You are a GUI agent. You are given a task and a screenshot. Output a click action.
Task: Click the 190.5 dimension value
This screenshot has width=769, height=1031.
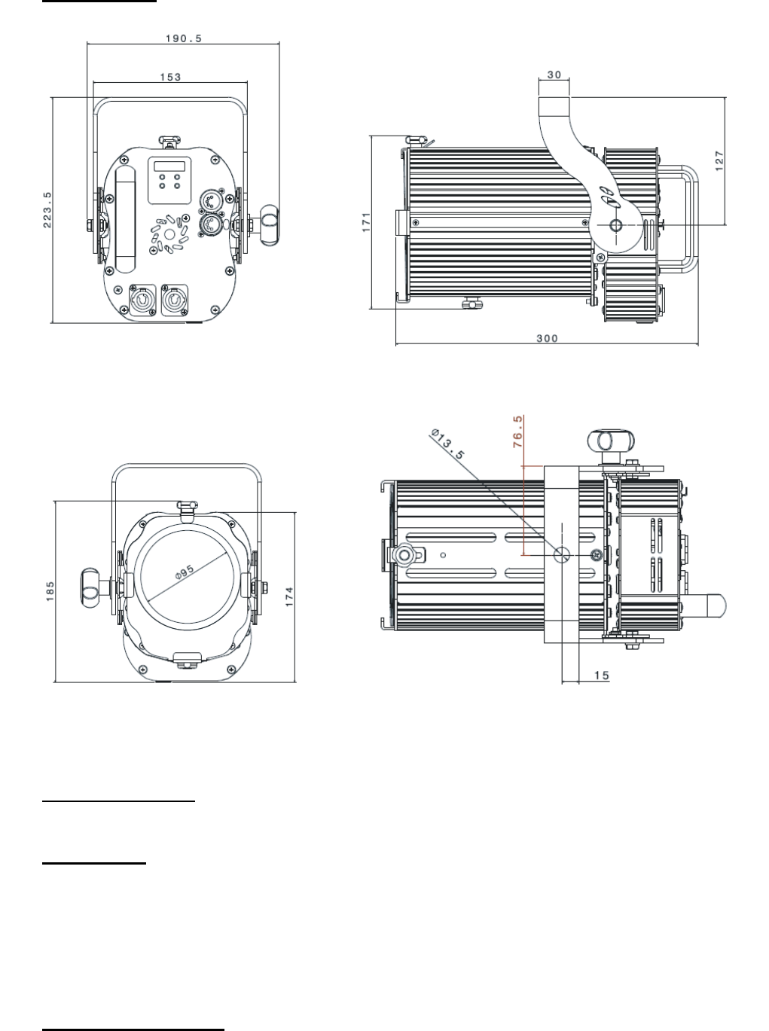click(184, 38)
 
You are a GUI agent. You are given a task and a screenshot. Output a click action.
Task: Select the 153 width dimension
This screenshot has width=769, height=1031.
click(170, 77)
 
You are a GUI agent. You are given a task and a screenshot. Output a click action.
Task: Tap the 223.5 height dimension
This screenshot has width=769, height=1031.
click(47, 209)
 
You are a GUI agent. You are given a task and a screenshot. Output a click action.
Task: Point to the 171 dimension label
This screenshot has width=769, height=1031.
click(366, 222)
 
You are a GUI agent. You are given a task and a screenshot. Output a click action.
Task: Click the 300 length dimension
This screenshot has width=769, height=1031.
click(548, 338)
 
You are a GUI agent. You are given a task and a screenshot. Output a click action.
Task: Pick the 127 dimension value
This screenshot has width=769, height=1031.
click(719, 161)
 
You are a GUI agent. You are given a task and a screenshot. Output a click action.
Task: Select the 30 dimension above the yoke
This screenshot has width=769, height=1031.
click(554, 75)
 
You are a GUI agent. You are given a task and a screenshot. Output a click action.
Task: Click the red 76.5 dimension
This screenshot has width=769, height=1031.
click(517, 432)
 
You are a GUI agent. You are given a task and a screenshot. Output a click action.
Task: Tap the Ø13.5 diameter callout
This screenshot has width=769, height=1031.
click(447, 444)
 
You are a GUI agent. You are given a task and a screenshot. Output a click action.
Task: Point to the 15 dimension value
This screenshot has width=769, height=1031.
click(602, 676)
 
